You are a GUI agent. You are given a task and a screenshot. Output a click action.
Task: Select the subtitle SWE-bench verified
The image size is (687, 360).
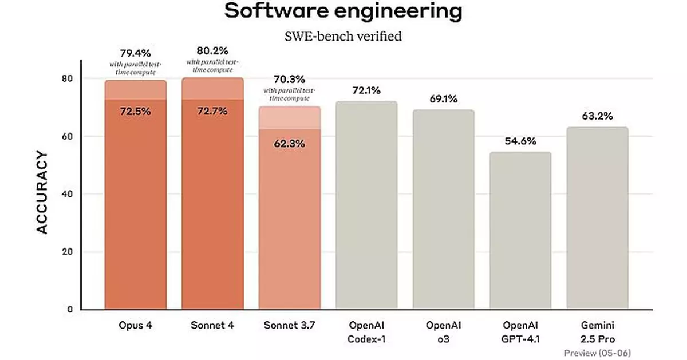pos(343,37)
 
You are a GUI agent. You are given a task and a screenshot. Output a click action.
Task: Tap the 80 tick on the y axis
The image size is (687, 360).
pos(69,78)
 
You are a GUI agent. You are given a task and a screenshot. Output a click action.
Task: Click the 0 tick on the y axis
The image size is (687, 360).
pos(70,310)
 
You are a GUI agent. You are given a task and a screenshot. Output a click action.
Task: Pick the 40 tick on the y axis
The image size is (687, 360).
pos(69,194)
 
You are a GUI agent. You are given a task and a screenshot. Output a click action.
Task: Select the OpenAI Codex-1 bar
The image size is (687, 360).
pos(366,206)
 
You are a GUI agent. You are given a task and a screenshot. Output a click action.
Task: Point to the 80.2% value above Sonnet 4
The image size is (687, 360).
pos(212,51)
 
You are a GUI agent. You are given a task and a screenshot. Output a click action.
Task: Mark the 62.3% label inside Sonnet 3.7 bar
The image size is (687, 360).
pos(290,144)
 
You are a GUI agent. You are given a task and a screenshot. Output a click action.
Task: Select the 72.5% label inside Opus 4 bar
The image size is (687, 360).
pos(136,112)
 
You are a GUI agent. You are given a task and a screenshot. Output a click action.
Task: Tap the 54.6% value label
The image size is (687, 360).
pos(520,141)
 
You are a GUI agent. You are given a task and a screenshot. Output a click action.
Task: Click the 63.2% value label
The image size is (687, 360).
pos(598,116)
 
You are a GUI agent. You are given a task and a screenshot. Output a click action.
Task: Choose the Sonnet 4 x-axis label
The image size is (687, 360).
pos(212,325)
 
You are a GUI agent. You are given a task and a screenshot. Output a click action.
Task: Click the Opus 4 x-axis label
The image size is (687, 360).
pos(136,325)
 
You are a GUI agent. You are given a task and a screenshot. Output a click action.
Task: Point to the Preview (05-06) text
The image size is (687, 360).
pos(598,352)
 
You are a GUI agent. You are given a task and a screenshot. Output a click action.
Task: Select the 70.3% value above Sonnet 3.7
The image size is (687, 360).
pos(290,79)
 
